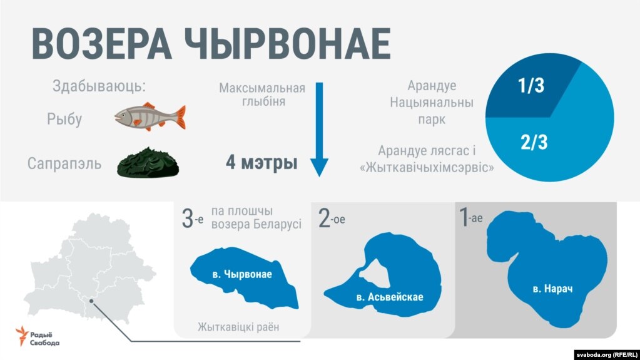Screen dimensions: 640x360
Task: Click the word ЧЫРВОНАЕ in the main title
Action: coord(288,44)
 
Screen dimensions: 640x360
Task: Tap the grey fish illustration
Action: coord(150,117)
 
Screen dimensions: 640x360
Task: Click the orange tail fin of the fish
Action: coord(180,117)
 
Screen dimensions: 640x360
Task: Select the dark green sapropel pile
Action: coord(148,163)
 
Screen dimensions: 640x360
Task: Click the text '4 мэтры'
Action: coord(262,163)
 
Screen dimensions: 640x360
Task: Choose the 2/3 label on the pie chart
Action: coord(534,142)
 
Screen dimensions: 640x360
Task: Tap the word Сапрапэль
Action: coord(64,163)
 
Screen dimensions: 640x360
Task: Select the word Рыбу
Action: coord(64,119)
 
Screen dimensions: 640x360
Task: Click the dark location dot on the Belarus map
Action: coord(91,301)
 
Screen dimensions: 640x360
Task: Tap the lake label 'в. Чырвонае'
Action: coord(242,274)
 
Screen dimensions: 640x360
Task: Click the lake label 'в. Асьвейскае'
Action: coord(390,297)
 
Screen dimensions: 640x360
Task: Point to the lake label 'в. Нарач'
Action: coord(552,289)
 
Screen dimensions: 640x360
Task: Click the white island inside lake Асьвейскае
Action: coord(373,273)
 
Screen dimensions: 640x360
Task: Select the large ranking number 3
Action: coord(187,219)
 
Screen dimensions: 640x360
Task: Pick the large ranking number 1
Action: coord(464,217)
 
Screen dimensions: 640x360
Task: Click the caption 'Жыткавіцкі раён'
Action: coord(238,327)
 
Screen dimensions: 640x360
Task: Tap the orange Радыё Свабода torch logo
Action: coord(22,336)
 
